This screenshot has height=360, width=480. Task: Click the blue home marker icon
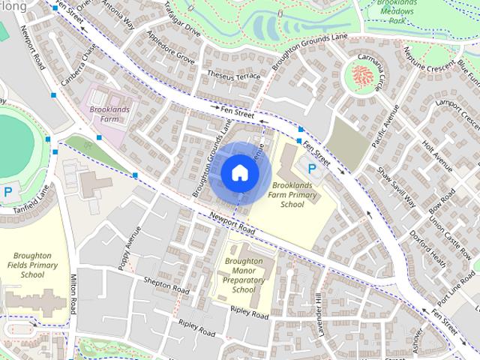pos(239,172)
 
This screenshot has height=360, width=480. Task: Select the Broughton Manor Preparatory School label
pos(244,275)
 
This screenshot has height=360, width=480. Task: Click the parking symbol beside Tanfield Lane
pos(8,191)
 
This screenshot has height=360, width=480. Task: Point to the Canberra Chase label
pos(80,65)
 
